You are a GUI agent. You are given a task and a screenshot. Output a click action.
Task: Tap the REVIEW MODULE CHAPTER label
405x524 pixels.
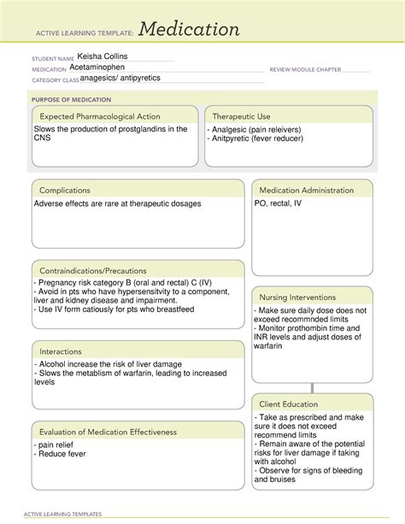tap(305, 68)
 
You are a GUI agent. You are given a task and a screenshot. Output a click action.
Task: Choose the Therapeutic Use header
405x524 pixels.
tap(242, 116)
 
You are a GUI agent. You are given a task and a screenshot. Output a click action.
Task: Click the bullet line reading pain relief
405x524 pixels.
tap(57, 446)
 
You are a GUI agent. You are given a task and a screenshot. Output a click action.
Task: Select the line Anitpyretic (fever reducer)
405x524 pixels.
tap(261, 139)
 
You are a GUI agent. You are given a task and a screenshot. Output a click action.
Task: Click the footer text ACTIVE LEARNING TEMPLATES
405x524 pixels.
tap(60, 514)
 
